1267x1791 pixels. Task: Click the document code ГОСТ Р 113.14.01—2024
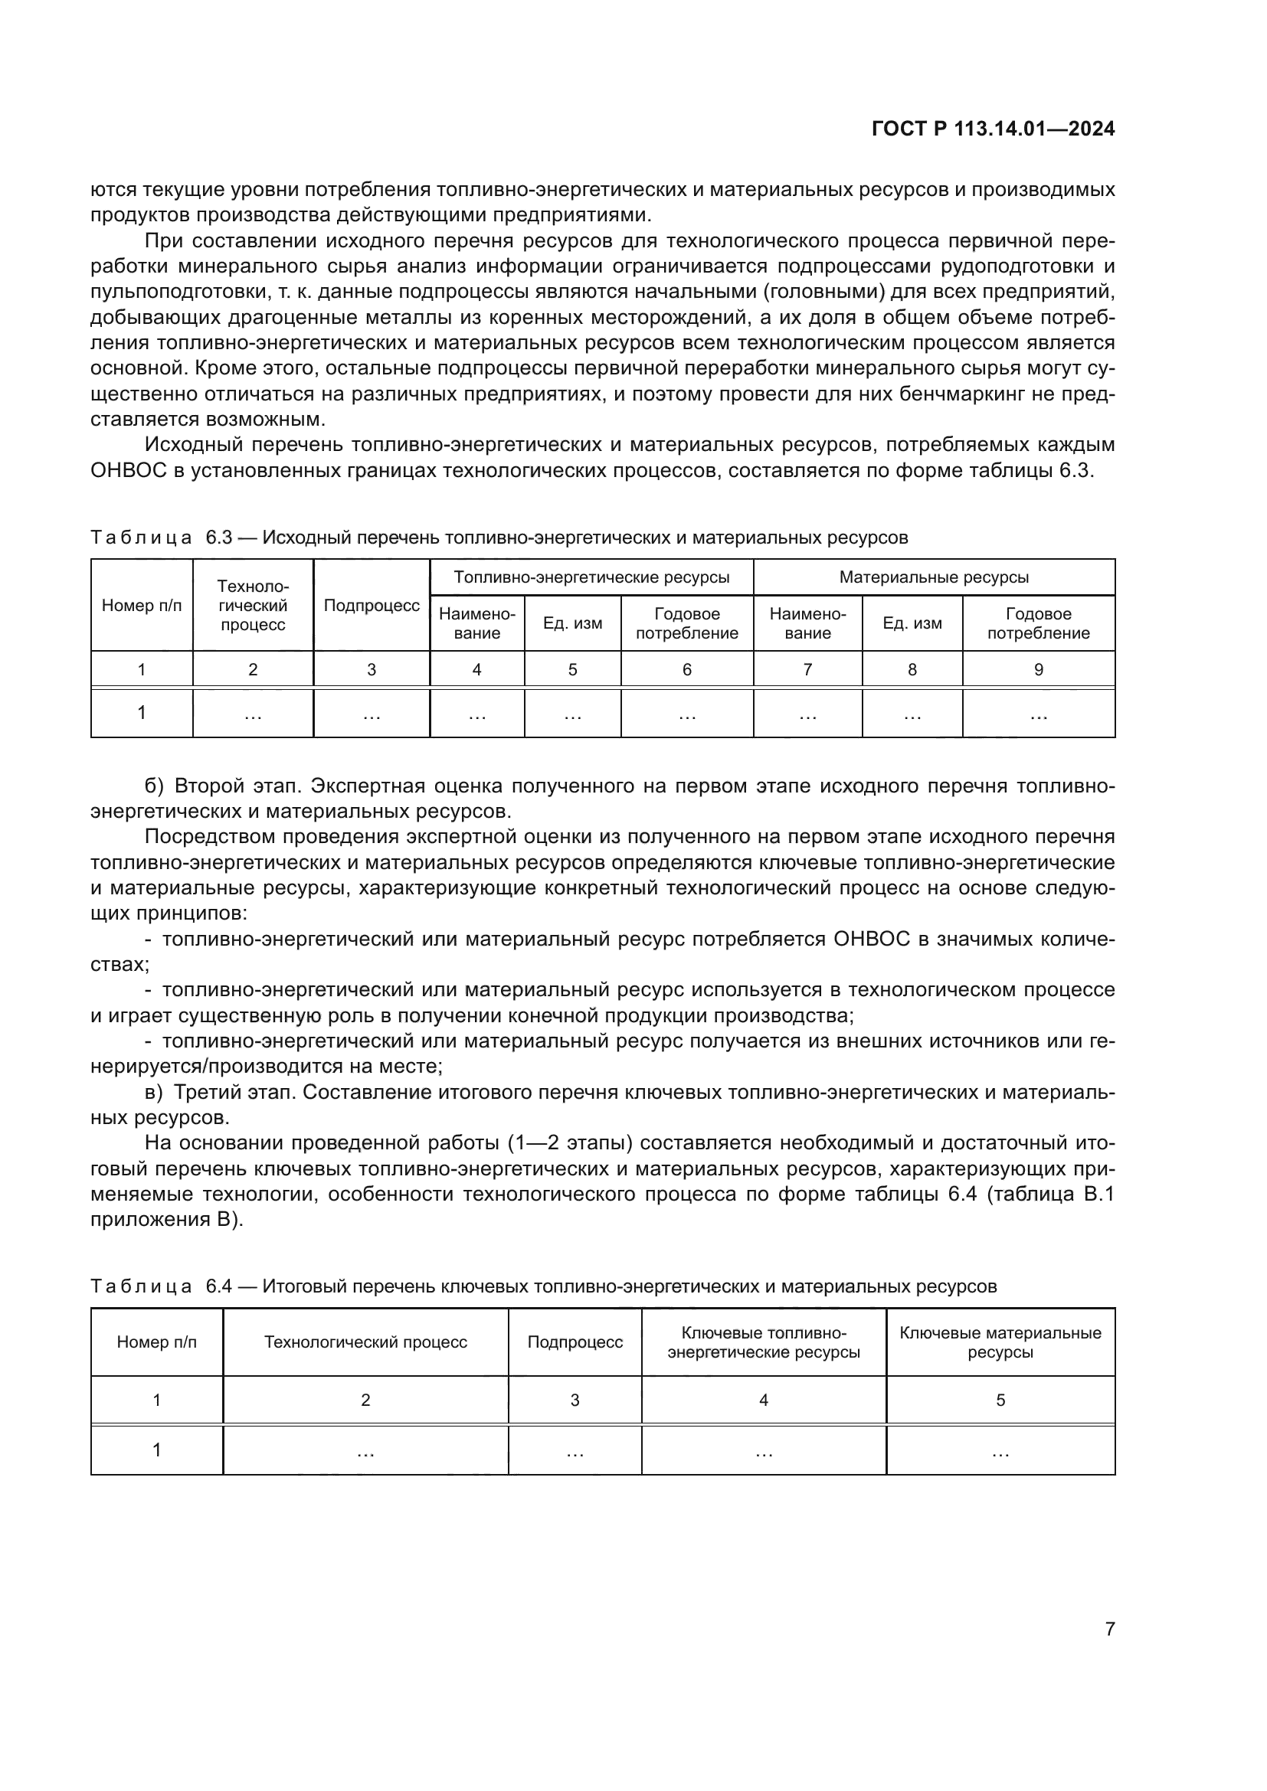coord(992,129)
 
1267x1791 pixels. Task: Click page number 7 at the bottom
coord(1109,1629)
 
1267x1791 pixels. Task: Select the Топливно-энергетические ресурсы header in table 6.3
coord(591,577)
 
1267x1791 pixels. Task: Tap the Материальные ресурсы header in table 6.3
coord(933,577)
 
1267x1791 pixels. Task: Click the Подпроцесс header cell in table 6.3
coord(372,606)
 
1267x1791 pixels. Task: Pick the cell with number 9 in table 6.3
coord(1038,669)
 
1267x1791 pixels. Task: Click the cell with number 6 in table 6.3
coord(686,669)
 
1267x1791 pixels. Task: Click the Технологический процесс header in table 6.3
coord(253,606)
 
